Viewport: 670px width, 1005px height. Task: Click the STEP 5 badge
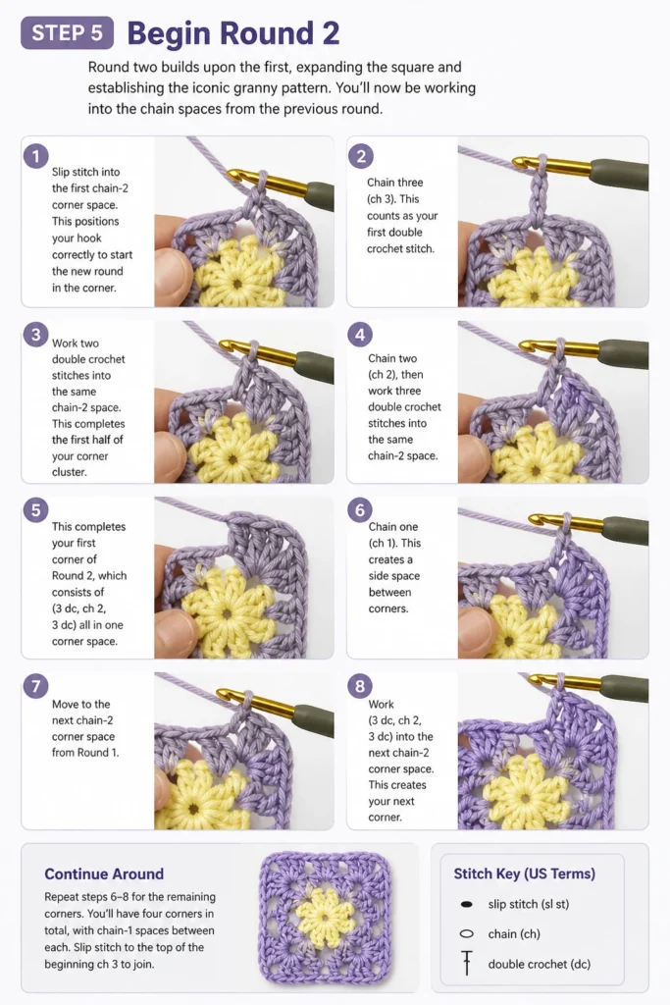(x=68, y=32)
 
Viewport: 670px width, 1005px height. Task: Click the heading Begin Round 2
(x=233, y=33)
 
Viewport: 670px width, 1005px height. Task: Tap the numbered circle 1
(x=36, y=156)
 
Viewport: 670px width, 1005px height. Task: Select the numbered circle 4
(x=360, y=334)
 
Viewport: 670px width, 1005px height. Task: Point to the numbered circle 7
(x=36, y=686)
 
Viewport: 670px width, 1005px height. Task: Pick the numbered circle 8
(x=360, y=686)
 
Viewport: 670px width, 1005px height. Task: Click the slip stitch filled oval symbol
(x=467, y=904)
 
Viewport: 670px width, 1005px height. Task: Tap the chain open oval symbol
(x=467, y=934)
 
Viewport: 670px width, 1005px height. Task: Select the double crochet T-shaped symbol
(x=467, y=963)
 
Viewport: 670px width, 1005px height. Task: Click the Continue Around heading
(x=104, y=873)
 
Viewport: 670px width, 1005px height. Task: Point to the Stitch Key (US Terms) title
(x=525, y=873)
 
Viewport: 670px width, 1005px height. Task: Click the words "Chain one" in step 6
(x=392, y=526)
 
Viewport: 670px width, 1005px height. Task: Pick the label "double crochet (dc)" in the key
(x=540, y=964)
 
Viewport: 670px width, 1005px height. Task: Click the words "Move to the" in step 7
(x=80, y=704)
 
